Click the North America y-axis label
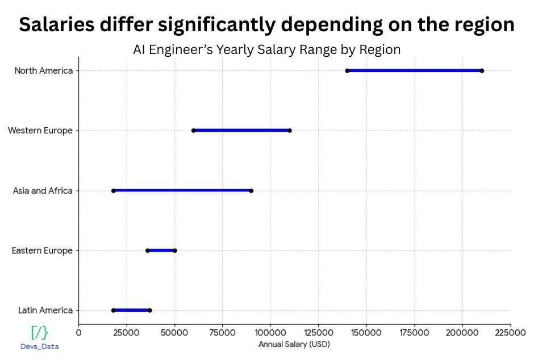pyautogui.click(x=43, y=70)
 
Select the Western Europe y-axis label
pyautogui.click(x=40, y=131)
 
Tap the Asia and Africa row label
pyautogui.click(x=43, y=191)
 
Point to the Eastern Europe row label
pyautogui.click(x=42, y=250)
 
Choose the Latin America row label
pyautogui.click(x=45, y=311)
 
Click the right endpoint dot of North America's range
pyautogui.click(x=482, y=70)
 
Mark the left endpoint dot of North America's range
pyautogui.click(x=347, y=70)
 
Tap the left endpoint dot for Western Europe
pyautogui.click(x=194, y=131)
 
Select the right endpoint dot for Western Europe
pyautogui.click(x=290, y=131)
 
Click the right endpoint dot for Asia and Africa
pyautogui.click(x=251, y=191)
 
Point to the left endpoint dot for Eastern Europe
pyautogui.click(x=147, y=250)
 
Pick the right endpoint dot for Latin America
pyautogui.click(x=149, y=311)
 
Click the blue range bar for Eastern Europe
pyautogui.click(x=161, y=250)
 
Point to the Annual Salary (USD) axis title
pyautogui.click(x=294, y=344)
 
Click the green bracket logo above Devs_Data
pyautogui.click(x=39, y=333)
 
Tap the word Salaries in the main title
pyautogui.click(x=61, y=24)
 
